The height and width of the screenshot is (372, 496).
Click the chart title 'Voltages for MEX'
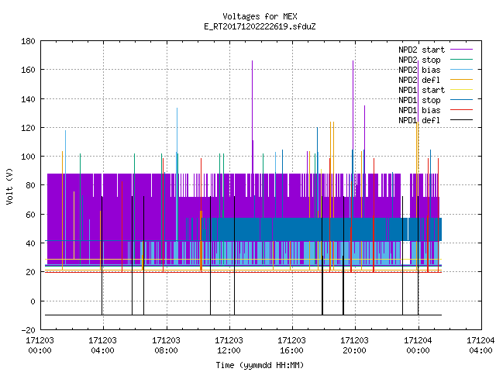(x=260, y=16)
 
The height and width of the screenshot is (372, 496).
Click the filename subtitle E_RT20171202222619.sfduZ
(x=260, y=26)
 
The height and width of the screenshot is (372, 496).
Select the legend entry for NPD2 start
(x=436, y=50)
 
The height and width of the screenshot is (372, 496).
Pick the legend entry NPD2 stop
(x=436, y=60)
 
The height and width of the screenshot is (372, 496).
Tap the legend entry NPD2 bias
(x=436, y=70)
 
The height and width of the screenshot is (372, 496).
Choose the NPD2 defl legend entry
(x=436, y=80)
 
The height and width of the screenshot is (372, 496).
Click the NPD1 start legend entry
(x=436, y=90)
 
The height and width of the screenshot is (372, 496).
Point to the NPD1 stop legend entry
(x=436, y=100)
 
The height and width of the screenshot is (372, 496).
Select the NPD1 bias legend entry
(x=436, y=110)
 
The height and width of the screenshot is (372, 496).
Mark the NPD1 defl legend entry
(x=436, y=121)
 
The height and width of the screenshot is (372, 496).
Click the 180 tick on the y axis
(x=28, y=41)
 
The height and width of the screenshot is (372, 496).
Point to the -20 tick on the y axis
(x=28, y=330)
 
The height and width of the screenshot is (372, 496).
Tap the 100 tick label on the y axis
(x=28, y=157)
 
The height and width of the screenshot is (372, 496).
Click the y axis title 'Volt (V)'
(x=10, y=186)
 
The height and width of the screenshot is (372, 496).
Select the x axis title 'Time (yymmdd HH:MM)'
(x=260, y=365)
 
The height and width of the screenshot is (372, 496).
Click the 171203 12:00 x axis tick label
(x=229, y=346)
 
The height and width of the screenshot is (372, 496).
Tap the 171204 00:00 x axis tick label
(x=418, y=346)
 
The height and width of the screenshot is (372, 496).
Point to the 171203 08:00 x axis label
(x=166, y=346)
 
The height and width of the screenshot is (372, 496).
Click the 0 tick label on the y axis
(x=33, y=301)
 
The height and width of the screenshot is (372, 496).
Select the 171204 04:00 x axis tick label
(x=480, y=346)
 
